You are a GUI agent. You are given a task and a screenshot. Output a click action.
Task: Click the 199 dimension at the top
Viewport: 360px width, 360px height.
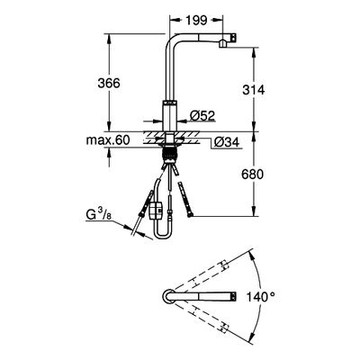point(196,21)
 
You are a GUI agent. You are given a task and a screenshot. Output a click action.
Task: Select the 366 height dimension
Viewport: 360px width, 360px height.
point(109,83)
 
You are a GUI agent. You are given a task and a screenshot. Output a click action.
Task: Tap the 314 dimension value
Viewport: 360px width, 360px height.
point(254,90)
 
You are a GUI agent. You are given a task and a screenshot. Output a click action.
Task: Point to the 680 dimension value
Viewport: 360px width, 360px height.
point(253,174)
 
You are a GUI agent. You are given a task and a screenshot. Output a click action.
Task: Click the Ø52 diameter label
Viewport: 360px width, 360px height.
point(202,115)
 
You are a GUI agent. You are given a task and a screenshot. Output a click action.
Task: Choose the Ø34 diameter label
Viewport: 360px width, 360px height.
point(227,142)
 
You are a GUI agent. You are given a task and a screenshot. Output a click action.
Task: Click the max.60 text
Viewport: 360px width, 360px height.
point(108,140)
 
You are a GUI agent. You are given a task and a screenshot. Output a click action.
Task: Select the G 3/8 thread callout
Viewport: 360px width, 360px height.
point(97,216)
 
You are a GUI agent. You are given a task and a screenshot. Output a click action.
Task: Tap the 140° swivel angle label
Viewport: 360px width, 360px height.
point(260,297)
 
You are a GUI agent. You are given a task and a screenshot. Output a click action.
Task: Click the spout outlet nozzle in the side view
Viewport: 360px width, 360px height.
point(223,44)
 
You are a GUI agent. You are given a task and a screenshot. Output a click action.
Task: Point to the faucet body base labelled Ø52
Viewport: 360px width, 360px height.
point(170,115)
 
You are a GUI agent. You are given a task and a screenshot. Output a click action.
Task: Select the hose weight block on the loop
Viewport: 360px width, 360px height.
point(156,210)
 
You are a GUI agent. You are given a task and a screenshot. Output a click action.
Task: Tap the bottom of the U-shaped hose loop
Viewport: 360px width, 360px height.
point(162,238)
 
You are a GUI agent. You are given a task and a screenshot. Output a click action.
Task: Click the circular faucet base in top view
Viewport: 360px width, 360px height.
point(168,296)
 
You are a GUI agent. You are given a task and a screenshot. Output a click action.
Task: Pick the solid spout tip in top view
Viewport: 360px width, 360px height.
point(233,296)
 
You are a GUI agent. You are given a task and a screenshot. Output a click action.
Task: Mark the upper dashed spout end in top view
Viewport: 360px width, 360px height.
point(225,265)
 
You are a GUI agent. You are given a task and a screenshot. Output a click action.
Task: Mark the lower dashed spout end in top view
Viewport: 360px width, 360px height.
point(225,328)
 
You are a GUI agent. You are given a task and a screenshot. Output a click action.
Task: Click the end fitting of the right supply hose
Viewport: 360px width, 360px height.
point(190,214)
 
